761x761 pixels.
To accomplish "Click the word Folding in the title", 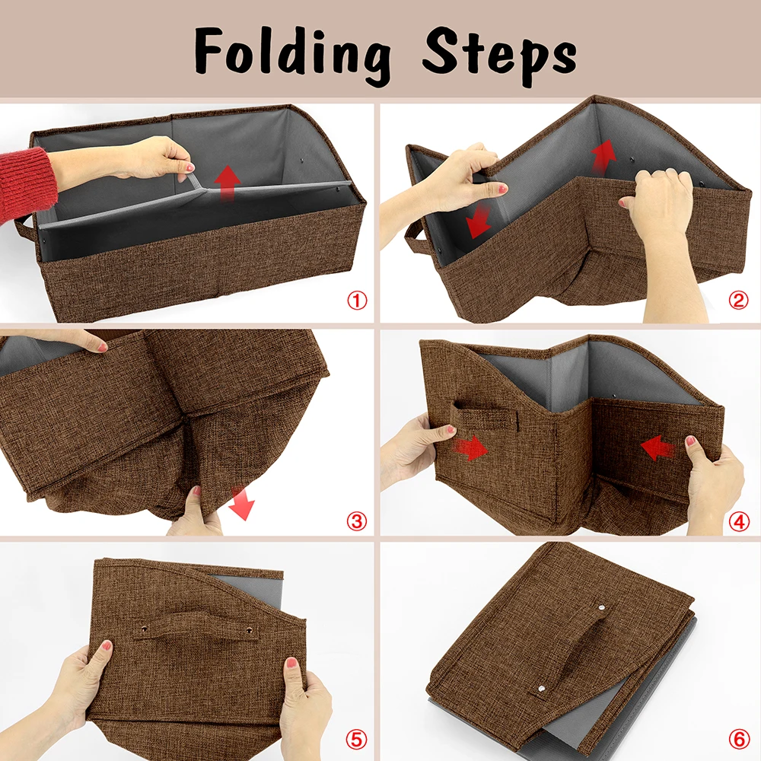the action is pos(293,54).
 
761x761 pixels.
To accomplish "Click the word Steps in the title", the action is pos(499,54).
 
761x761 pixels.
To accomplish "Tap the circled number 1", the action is pos(357,301).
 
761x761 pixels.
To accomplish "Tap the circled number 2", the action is pos(737,301).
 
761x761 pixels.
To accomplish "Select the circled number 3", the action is pos(357,521).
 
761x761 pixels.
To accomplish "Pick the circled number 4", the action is pos(739,521).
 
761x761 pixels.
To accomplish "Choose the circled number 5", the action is pos(357,739).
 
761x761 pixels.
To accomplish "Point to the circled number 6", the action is pos(739,739).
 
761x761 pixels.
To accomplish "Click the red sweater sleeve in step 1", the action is pos(24,180).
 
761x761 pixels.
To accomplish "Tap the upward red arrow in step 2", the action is pos(603,156).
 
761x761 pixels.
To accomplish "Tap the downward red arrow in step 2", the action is pos(479,221).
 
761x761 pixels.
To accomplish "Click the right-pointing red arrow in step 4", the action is pos(470,447).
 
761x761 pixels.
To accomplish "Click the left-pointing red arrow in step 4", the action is pos(658,447).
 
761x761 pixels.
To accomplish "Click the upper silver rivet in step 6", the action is pos(602,607).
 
